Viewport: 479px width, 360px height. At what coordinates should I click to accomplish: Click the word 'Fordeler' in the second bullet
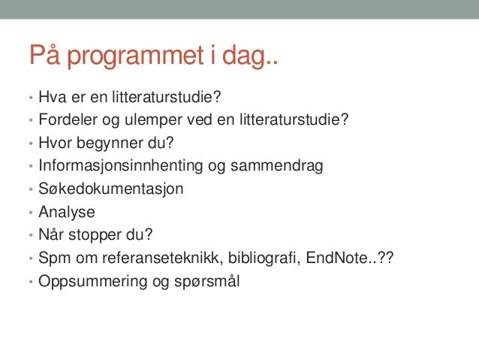64,119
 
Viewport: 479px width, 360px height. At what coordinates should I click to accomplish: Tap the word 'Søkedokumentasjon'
111,189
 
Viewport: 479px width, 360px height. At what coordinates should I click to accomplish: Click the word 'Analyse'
68,212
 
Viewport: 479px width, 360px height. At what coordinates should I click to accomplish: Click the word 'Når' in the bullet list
51,235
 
